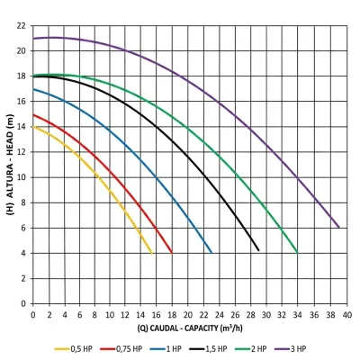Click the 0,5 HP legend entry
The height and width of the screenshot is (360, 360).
74,349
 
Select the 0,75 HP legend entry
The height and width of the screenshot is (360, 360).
121,349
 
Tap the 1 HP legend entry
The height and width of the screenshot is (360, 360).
166,349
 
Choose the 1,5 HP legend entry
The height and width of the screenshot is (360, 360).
208,349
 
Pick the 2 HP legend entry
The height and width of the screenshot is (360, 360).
251,349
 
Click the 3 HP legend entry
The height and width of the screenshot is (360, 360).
291,349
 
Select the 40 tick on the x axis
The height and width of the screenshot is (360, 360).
346,315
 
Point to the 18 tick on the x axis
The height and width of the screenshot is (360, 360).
172,315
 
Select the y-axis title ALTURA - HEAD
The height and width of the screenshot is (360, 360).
10,165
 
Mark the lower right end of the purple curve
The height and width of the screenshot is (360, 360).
339,228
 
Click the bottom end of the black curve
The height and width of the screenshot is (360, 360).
258,250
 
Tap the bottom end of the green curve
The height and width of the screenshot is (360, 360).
297,253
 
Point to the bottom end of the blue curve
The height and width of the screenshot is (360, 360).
211,253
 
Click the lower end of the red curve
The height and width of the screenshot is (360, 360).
172,253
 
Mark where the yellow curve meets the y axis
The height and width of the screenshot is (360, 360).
33,127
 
